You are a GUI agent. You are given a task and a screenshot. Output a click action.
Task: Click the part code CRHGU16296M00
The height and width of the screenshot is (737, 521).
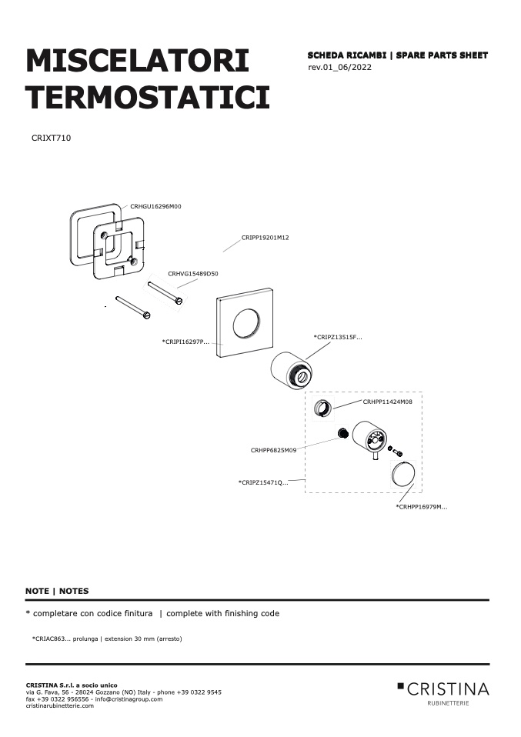(155, 206)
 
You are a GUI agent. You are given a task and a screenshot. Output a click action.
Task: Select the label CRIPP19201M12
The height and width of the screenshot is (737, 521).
(266, 238)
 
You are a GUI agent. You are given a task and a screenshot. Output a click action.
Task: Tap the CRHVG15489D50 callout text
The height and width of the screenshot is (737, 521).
(193, 274)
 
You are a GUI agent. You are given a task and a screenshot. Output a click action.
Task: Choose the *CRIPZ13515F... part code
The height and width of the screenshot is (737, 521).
(338, 338)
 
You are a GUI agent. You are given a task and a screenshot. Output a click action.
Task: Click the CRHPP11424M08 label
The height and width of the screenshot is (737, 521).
(387, 402)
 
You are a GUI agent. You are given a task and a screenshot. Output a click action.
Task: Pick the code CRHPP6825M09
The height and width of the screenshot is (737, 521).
(273, 450)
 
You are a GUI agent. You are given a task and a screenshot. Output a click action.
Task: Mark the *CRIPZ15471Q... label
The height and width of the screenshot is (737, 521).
(263, 482)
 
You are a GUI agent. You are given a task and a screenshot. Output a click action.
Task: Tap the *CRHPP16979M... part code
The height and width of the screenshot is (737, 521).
(421, 507)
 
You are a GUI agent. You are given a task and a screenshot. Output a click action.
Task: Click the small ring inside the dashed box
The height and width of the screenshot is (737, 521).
(323, 408)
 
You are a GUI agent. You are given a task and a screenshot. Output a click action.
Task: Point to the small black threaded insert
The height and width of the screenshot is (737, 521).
(342, 432)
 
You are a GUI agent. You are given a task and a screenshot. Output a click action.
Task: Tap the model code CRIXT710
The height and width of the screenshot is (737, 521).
(52, 138)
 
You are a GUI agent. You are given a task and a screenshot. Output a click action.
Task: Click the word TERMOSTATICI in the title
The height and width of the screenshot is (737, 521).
(148, 97)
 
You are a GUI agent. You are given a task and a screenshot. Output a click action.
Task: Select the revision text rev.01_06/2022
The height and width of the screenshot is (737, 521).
(339, 67)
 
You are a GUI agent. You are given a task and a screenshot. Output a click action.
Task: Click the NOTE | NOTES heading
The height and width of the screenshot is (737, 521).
(57, 592)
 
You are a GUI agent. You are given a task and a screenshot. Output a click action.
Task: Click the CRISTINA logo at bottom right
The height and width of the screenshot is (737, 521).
(443, 693)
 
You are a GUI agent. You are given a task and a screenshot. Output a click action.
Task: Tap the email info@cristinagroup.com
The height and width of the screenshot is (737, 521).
(129, 699)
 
